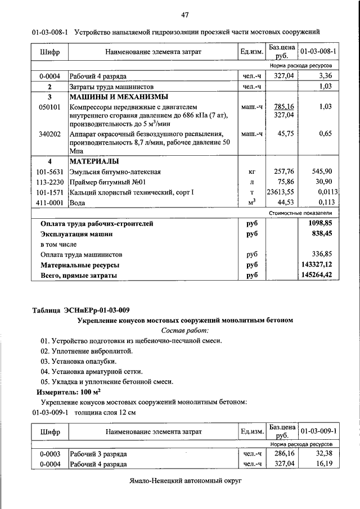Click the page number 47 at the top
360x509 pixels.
pos(184,13)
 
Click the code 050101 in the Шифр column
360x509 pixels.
pos(49,106)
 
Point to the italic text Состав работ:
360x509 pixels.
pos(184,330)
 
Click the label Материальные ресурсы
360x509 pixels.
pos(80,264)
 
